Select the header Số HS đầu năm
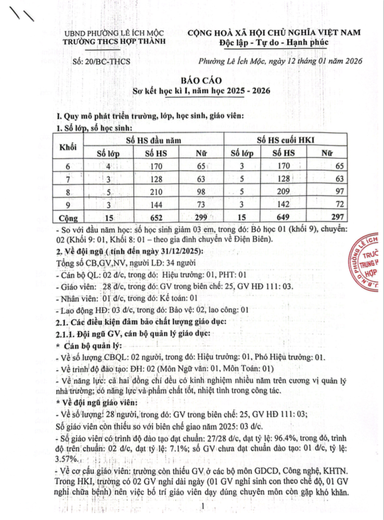[x=155, y=140]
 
